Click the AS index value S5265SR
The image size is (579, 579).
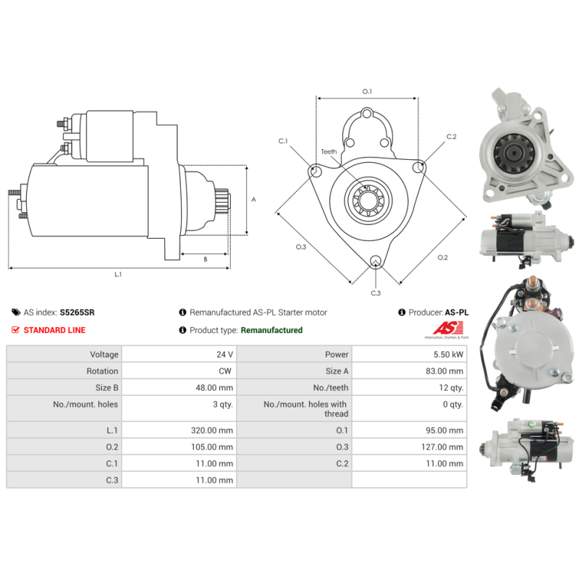pos(77,313)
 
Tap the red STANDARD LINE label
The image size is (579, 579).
pos(55,330)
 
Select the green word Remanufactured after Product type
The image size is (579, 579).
pos(271,330)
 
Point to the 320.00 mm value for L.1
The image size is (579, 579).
pos(212,430)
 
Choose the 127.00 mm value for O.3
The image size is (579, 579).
pos(442,447)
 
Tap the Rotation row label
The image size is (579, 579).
pos(102,371)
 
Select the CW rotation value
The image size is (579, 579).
pos(225,371)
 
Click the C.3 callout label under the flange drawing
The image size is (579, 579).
pos(376,293)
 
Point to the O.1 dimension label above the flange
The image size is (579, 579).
pos(367,91)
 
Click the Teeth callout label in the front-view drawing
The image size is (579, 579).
pos(329,152)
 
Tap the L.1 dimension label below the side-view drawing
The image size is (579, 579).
pos(118,274)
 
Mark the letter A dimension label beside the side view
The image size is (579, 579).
pos(254,200)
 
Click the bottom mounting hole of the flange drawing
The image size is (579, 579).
pos(376,261)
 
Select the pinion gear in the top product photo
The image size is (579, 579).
pos(515,153)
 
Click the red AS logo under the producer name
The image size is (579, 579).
pos(447,328)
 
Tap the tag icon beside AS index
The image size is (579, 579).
pos(16,313)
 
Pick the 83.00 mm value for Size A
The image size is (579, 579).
pos(444,371)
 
